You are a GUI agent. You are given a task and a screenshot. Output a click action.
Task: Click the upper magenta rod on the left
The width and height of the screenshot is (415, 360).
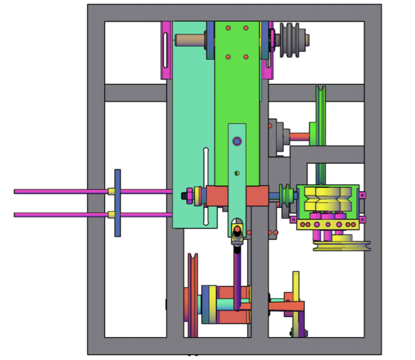56,191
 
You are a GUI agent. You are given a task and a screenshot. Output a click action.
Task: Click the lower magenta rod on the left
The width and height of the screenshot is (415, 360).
56,214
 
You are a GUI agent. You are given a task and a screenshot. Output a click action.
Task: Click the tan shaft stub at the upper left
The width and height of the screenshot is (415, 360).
190,40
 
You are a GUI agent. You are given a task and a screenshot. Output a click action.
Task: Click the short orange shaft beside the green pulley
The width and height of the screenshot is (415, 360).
299,136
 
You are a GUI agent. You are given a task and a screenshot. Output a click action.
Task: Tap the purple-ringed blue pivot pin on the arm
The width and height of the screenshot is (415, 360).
237,141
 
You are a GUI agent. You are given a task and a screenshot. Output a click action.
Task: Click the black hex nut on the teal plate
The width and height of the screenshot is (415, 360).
186,196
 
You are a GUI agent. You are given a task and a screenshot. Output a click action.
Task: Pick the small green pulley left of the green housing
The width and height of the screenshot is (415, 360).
287,195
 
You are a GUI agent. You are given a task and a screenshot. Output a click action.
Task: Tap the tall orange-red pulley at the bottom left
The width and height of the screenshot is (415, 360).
193,295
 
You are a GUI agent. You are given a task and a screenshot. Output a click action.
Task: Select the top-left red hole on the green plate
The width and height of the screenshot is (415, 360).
228,28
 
